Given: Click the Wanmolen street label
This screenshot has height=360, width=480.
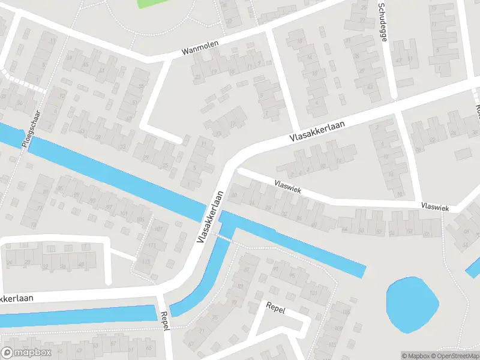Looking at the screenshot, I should pyautogui.click(x=201, y=48).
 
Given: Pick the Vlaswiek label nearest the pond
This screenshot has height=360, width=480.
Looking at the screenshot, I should pyautogui.click(x=435, y=206).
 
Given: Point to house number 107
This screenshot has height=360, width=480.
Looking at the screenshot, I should pyautogui.click(x=159, y=229).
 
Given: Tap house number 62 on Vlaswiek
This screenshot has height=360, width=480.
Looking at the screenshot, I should pyautogui.click(x=378, y=231).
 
